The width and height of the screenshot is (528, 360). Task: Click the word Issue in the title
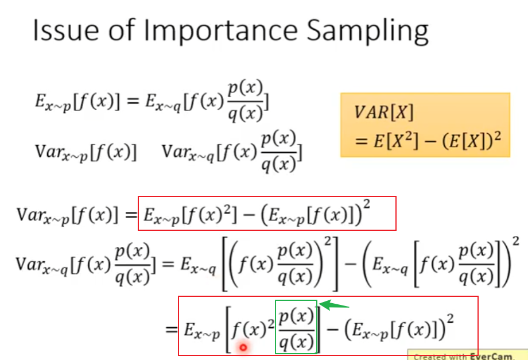coord(65,30)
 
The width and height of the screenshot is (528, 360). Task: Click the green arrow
coord(333,305)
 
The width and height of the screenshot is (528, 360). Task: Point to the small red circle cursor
coord(243,347)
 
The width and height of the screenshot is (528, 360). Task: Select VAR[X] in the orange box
coord(383,112)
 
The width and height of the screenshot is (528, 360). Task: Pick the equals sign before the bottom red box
coord(172,329)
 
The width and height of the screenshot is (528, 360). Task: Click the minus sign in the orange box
coord(430,140)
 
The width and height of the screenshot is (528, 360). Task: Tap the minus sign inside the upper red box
coord(248,215)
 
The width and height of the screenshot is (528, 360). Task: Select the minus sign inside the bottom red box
coord(333,330)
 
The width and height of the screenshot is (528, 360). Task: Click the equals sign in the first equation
coord(133,100)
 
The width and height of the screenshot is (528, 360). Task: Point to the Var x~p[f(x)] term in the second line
coord(86,152)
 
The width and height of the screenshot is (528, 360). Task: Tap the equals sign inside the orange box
coord(361,140)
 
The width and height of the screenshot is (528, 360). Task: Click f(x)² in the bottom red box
coord(253,330)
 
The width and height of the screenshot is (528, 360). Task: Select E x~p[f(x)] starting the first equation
coord(77,101)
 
